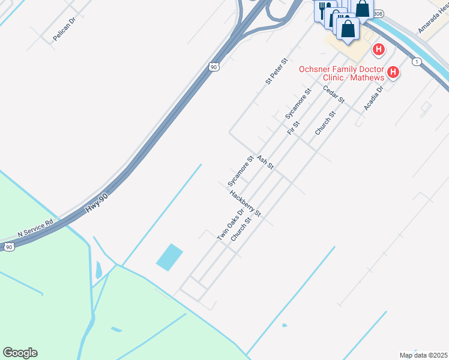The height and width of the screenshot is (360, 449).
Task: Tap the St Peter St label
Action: (x=277, y=71)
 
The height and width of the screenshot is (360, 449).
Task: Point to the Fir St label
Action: (x=293, y=127)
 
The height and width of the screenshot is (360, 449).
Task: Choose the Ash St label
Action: (x=265, y=162)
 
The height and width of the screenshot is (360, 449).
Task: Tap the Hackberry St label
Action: (x=245, y=203)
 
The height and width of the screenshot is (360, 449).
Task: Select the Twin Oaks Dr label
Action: (x=231, y=224)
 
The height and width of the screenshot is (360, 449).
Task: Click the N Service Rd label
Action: (x=35, y=226)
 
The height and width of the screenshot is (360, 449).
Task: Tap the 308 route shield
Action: (x=377, y=13)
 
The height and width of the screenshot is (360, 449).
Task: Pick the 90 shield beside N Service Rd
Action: (x=8, y=247)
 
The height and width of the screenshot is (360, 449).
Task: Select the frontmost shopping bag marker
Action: (x=348, y=28)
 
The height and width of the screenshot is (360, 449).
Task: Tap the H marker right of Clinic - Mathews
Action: (x=393, y=73)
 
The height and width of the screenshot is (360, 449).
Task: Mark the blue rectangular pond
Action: (x=169, y=257)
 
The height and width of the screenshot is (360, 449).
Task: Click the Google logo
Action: (x=20, y=353)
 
